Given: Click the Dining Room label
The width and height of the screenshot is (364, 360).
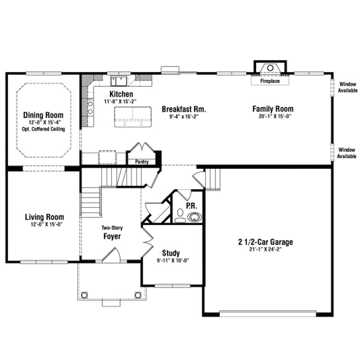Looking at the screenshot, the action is coord(43,115).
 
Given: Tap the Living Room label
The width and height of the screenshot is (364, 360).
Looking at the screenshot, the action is coord(44,217).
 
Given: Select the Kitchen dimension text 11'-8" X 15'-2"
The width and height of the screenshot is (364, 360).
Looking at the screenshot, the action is coord(120,101).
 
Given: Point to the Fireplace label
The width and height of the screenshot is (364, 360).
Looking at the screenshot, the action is coord(270,81).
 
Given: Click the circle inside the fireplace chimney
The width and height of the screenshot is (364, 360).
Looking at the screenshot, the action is coord(270,68).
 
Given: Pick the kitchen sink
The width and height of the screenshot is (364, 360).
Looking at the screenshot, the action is coord(118,81).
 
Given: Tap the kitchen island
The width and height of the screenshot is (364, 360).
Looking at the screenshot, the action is coord(133,117).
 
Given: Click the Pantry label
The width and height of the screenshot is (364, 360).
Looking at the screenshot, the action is coord(141,162).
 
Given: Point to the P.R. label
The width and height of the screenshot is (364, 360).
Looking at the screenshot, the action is coord(192,206).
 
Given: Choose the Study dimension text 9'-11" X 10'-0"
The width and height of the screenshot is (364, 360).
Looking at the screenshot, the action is coord(173,261).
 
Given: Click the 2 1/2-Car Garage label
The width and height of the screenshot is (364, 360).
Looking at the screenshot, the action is coord(265,242).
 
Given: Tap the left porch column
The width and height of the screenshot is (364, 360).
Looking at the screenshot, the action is coord(84,295).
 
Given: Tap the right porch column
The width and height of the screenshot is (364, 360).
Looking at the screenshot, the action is coord(138,295).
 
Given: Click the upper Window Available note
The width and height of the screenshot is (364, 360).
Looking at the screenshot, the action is coord(348,87).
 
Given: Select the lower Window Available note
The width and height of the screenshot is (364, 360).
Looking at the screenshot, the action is coord(347,153).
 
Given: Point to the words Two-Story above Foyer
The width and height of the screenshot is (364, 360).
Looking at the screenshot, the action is coord(112,228).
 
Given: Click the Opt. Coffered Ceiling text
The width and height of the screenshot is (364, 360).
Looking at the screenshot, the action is coord(43,129).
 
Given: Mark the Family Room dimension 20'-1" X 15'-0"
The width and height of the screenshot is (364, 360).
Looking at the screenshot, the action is coord(275,116).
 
